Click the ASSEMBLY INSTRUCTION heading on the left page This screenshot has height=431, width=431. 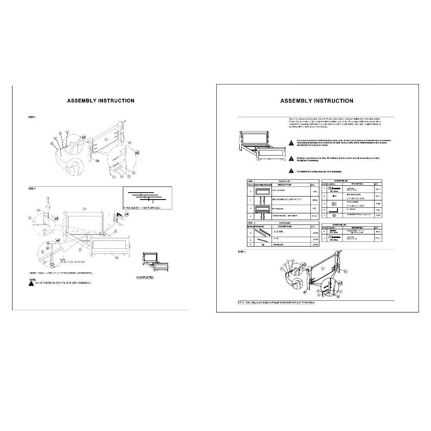click(x=100, y=101)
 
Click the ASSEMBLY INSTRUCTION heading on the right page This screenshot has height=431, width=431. click(x=316, y=101)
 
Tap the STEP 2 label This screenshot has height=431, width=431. click(x=32, y=117)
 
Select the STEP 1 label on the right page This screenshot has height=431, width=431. click(x=242, y=251)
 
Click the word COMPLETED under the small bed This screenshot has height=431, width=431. click(x=145, y=278)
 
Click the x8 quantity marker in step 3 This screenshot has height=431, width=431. click(x=56, y=219)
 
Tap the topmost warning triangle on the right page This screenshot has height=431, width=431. click(x=291, y=142)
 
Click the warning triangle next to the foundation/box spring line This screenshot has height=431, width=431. click(x=291, y=171)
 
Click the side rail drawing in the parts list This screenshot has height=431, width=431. click(x=261, y=232)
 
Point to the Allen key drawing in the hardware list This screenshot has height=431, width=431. click(x=334, y=209)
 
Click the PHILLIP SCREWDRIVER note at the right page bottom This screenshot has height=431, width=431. click(x=276, y=303)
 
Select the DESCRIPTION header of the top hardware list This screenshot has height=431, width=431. click(x=357, y=184)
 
